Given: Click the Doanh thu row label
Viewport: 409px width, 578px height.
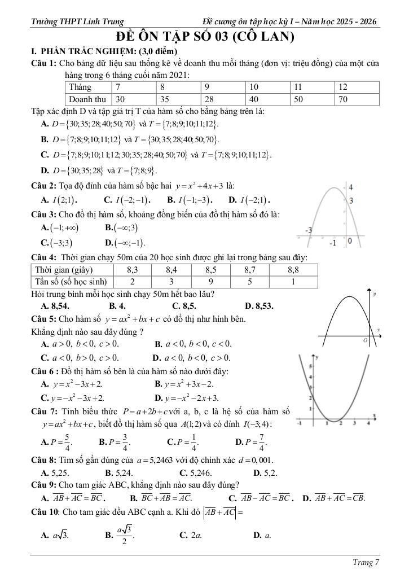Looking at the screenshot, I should (x=87, y=98).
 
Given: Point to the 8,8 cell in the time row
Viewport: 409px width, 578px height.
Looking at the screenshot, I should (x=293, y=270).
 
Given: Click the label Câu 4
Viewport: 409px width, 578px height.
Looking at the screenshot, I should (x=43, y=257).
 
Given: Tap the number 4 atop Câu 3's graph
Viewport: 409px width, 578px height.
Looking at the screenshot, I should (x=351, y=187).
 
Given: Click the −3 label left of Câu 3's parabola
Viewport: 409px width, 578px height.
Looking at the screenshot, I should (x=309, y=230).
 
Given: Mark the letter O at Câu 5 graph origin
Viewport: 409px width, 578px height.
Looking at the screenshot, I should (x=366, y=341).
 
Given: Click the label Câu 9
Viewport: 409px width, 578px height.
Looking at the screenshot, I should (x=43, y=484).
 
